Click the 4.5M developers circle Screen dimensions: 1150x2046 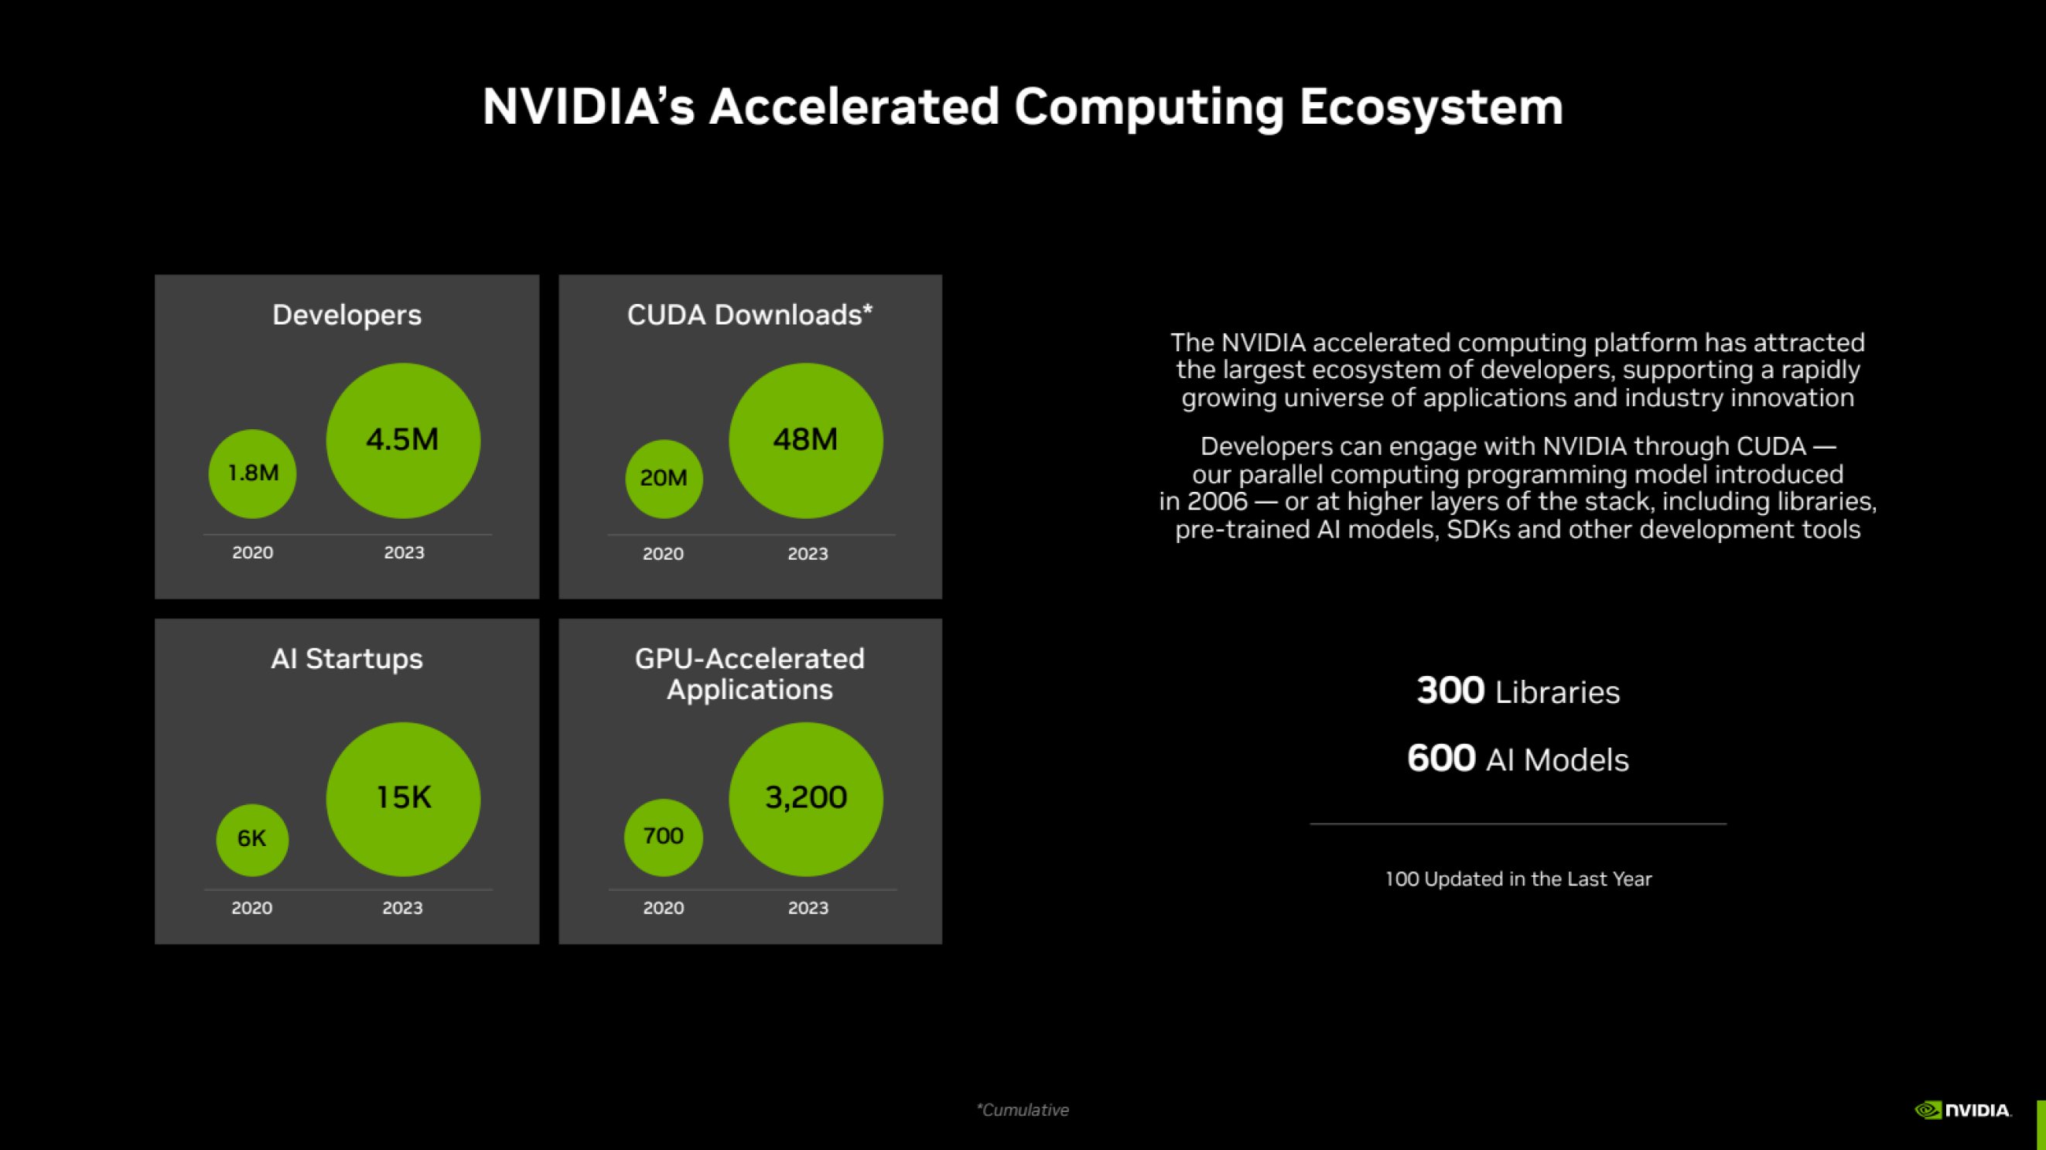coord(403,440)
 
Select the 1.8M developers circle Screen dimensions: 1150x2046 coord(253,473)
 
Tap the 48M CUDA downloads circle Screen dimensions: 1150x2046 coord(805,440)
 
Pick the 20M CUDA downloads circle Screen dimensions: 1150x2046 coord(664,478)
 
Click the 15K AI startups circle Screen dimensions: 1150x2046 coord(403,798)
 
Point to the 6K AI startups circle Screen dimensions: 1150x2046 coord(251,839)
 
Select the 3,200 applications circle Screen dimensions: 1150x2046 coord(805,798)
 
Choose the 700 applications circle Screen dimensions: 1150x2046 coord(663,837)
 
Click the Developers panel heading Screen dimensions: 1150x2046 coord(347,316)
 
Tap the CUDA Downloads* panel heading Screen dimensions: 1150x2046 coord(750,316)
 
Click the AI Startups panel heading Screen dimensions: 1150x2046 coord(347,659)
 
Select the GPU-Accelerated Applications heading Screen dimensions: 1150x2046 coord(750,674)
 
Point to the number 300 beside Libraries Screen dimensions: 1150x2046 coord(1450,691)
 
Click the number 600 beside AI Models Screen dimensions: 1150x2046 coord(1441,759)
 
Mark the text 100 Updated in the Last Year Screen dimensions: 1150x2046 coord(1518,879)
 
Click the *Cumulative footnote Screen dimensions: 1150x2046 coord(1022,1111)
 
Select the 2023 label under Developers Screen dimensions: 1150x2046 coord(405,553)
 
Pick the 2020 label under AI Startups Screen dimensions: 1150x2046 coord(251,908)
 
